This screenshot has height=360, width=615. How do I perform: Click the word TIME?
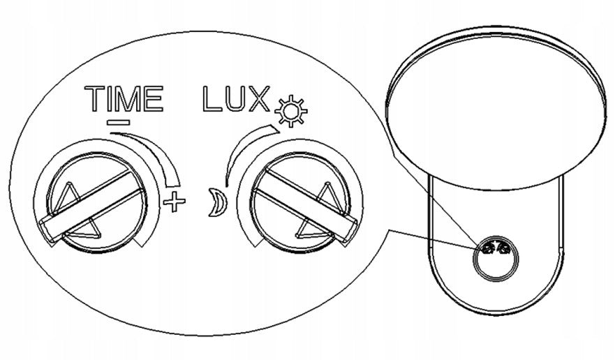coord(124,98)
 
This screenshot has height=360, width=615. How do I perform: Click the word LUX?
coord(237,98)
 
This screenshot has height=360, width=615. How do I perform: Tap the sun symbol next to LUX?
coord(290,111)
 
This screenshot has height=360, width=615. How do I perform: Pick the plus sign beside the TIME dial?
coord(174,202)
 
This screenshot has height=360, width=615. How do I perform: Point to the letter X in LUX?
coord(258,98)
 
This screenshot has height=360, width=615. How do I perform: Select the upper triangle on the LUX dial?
coord(329,197)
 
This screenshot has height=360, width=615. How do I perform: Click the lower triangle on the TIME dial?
coord(87,230)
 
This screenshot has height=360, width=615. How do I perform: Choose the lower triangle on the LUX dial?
coord(312,230)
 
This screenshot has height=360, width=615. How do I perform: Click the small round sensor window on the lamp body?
coord(496,259)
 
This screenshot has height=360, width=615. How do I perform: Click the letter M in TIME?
coord(130,98)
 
